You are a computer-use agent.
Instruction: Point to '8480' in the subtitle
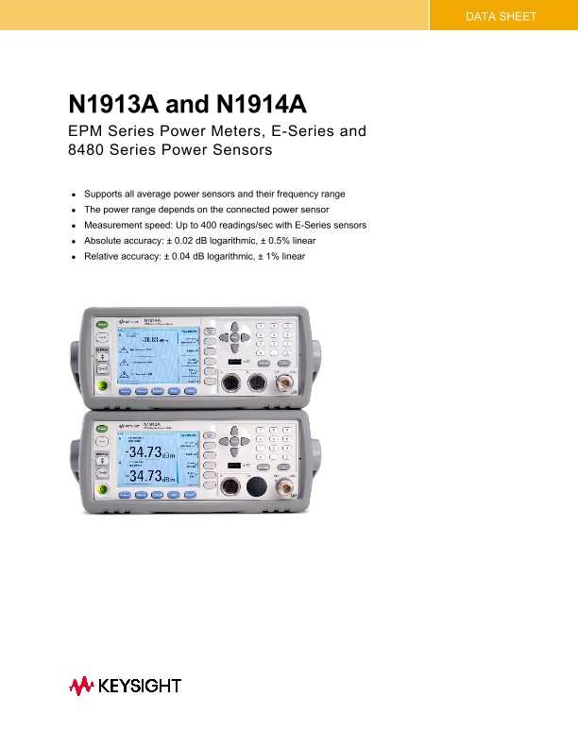tap(89, 150)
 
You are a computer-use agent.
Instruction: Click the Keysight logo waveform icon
tap(81, 686)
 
